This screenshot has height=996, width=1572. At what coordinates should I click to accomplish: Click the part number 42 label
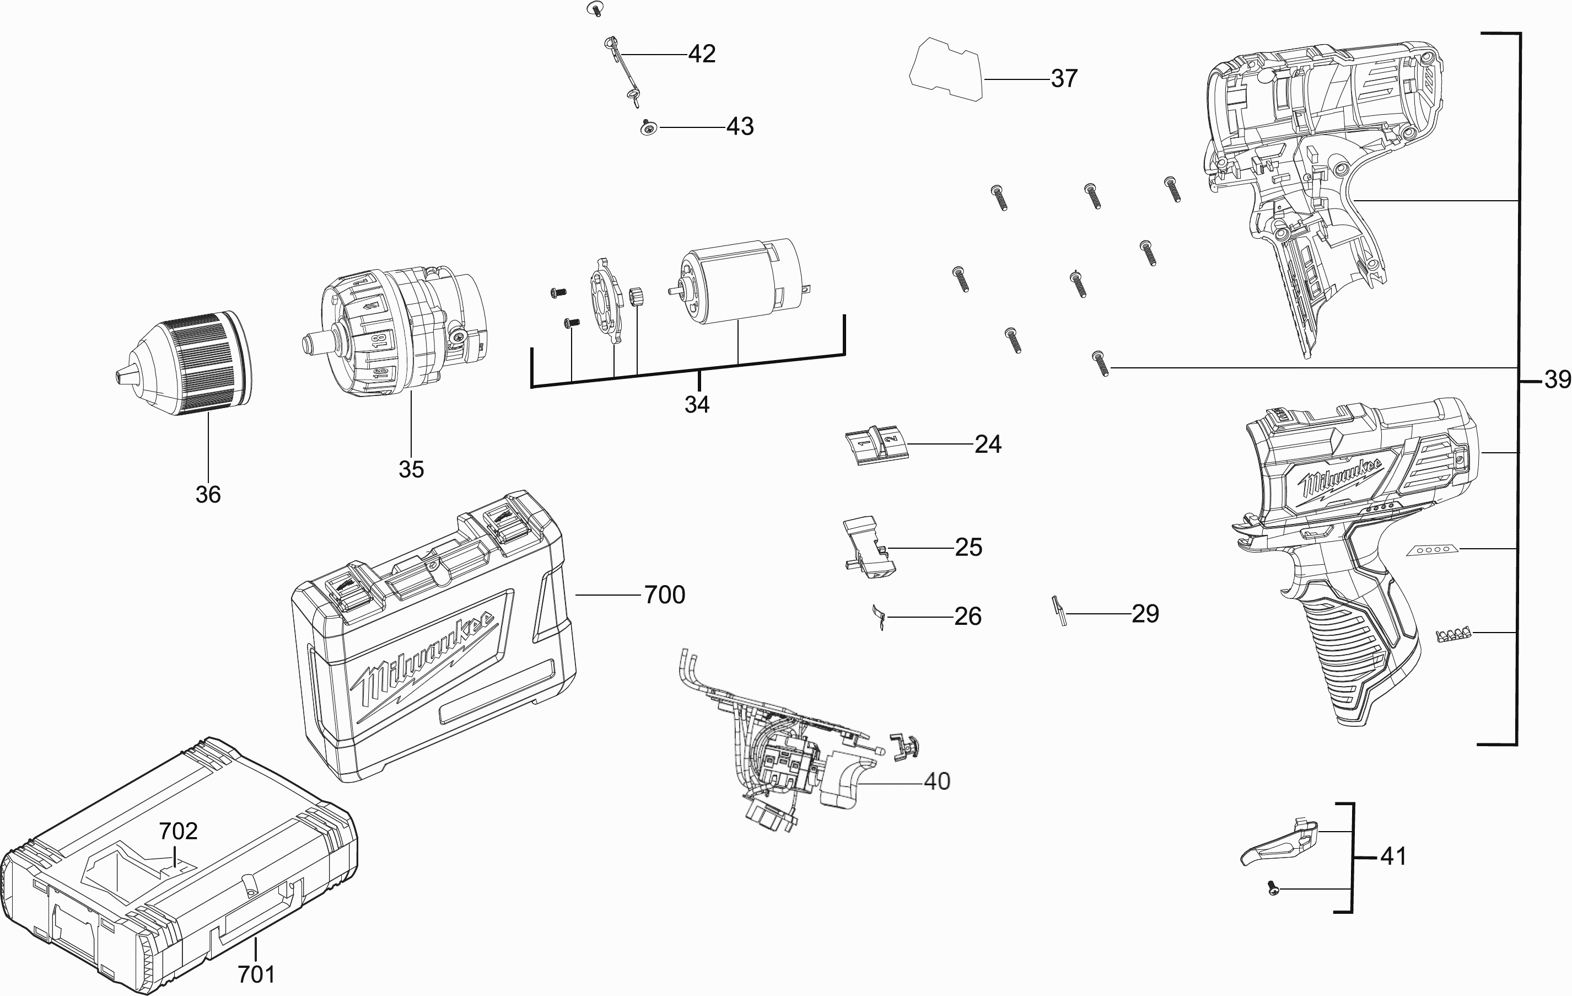click(702, 53)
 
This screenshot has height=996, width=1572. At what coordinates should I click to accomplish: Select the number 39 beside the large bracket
click(1557, 379)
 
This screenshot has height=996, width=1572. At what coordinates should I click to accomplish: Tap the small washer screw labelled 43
click(648, 128)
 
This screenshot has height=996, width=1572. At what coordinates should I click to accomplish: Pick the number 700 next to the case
click(665, 595)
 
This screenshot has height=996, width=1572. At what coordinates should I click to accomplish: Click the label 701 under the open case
click(256, 974)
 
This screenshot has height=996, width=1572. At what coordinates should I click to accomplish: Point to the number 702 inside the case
click(178, 831)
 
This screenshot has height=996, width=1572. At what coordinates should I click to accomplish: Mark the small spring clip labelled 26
click(879, 616)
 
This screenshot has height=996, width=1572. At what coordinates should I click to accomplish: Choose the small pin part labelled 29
click(1059, 611)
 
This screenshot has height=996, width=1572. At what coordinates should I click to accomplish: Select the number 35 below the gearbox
click(411, 469)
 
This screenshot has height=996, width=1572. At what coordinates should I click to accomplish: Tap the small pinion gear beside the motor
click(637, 297)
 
